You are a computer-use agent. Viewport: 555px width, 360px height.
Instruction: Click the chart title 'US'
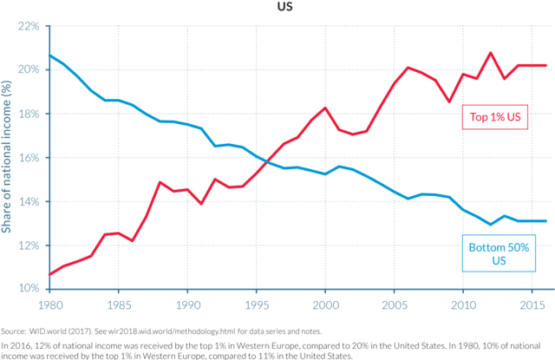coord(285,7)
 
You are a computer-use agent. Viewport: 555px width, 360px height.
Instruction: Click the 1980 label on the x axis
coord(50,306)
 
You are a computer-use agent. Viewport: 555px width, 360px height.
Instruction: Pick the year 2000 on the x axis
coord(324,306)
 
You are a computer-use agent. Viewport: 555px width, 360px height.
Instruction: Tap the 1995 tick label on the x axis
coord(256,306)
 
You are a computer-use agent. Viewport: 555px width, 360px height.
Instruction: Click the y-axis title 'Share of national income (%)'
coord(7,156)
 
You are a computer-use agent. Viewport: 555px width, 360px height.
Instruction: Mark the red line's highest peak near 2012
coord(491,53)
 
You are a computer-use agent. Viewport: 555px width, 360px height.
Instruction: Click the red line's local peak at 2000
coord(324,108)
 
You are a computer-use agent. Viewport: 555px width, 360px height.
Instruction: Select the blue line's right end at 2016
coord(545,220)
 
